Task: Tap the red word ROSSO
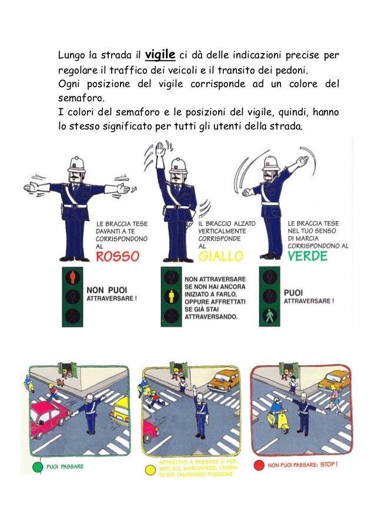pos(118,256)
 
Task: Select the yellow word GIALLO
pos(220,256)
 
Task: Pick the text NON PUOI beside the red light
pos(106,290)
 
